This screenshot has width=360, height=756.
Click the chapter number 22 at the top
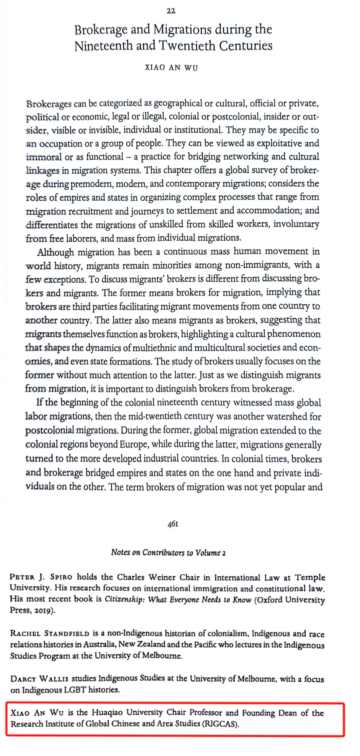(171, 11)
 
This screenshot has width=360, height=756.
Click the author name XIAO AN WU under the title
(171, 68)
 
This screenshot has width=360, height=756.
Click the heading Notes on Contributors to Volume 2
(168, 553)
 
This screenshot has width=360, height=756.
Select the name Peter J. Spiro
(41, 577)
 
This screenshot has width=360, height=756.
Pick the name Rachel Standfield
(49, 634)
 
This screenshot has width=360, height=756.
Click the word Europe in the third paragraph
(133, 444)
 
